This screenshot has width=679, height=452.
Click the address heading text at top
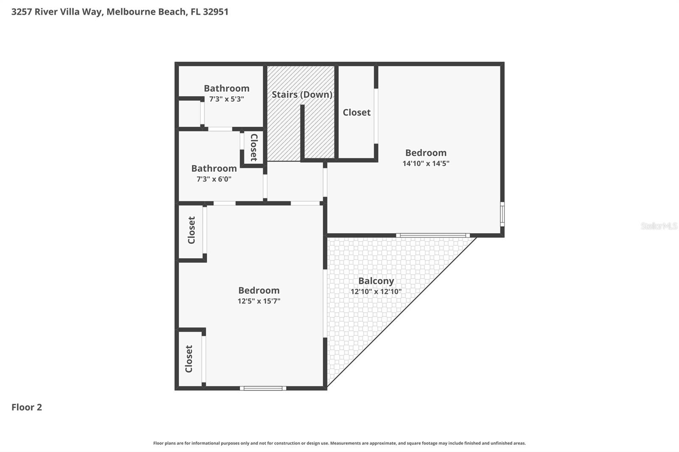(x=120, y=11)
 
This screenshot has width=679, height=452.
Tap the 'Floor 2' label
(x=27, y=407)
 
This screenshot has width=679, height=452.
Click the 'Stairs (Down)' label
(x=302, y=95)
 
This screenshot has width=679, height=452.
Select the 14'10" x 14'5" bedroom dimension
(x=426, y=163)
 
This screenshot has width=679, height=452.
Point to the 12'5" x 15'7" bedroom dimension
(x=259, y=301)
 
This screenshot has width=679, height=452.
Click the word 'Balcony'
(x=376, y=281)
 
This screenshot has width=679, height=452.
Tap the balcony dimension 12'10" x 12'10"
(x=376, y=292)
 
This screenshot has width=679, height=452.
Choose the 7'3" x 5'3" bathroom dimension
(x=227, y=99)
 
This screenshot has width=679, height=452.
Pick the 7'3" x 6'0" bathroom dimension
(x=214, y=179)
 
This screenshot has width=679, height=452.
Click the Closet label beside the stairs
(x=356, y=112)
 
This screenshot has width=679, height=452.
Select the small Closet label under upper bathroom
(x=254, y=147)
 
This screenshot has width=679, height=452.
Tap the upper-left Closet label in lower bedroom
(x=191, y=230)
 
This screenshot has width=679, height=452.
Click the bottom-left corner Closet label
(x=189, y=359)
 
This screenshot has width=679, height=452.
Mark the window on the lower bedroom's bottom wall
(x=263, y=388)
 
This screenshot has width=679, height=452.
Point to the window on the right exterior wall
(x=502, y=214)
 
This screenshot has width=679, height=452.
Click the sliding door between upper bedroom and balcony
(x=433, y=235)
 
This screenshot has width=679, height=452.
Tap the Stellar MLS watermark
(x=659, y=226)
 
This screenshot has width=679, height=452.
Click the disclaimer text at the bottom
(x=339, y=443)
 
